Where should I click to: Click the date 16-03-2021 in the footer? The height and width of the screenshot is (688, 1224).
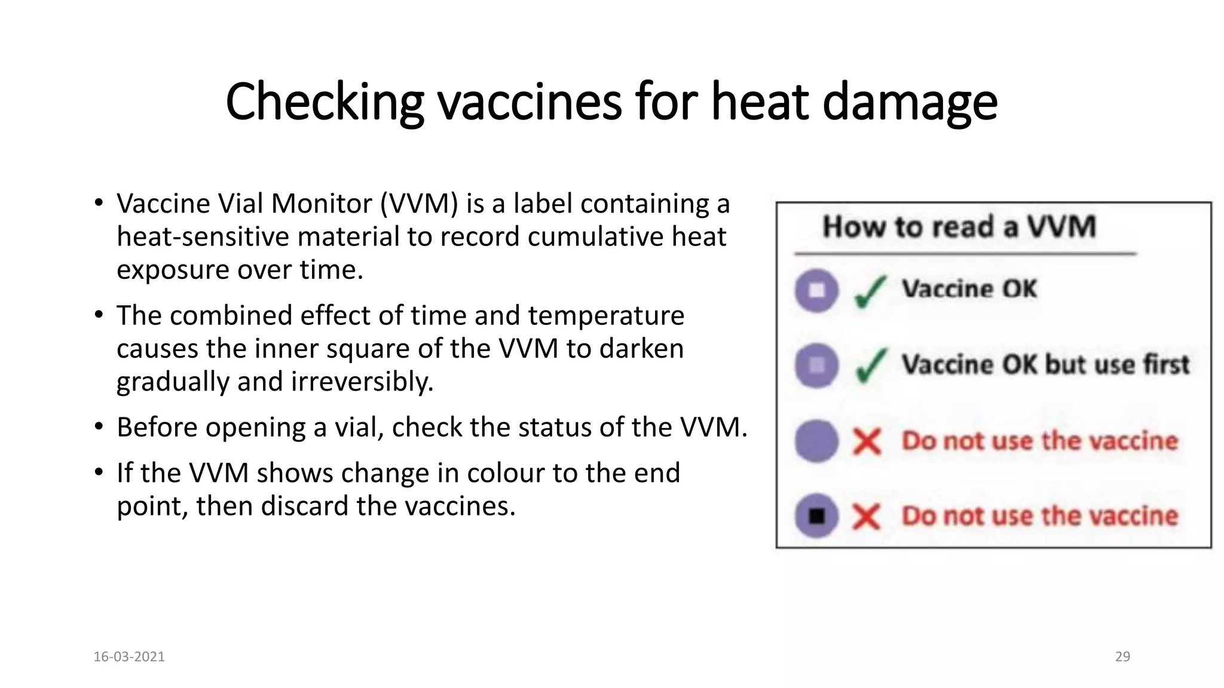pos(129,656)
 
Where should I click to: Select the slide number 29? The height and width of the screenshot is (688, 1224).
pos(1122,656)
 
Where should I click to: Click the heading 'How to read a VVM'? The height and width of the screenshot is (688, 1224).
pos(959,227)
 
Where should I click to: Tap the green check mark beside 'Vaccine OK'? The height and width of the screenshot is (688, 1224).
pos(870,291)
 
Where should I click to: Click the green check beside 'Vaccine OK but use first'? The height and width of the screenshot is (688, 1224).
pos(870,365)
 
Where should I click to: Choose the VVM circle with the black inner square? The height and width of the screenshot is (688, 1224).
pos(816,515)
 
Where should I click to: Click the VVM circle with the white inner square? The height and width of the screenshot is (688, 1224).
pos(816,290)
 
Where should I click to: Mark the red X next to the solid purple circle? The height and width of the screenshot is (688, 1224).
pos(867,442)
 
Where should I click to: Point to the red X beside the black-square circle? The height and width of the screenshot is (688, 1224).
pos(867,516)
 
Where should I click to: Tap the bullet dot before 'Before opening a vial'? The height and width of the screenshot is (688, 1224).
pos(99,427)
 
